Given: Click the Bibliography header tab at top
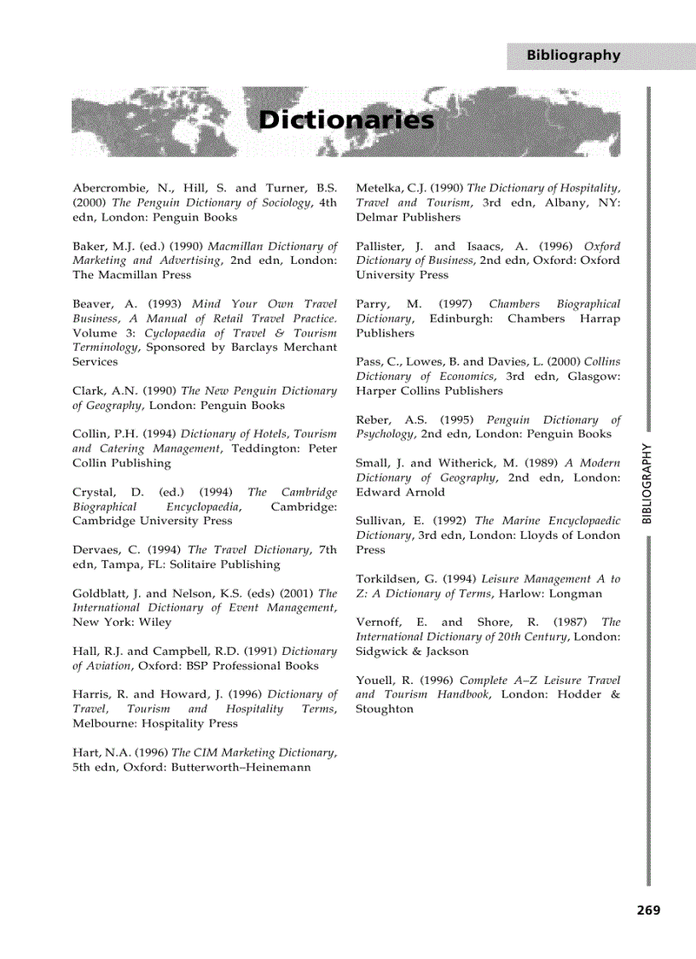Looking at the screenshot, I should [x=573, y=56].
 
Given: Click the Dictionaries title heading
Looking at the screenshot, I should [x=346, y=120].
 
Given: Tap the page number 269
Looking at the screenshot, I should [x=648, y=910].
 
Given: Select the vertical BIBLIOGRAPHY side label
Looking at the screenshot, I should [x=647, y=483].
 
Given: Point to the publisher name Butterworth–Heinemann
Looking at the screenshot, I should [x=241, y=767].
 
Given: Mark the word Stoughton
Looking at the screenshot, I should [x=385, y=709].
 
